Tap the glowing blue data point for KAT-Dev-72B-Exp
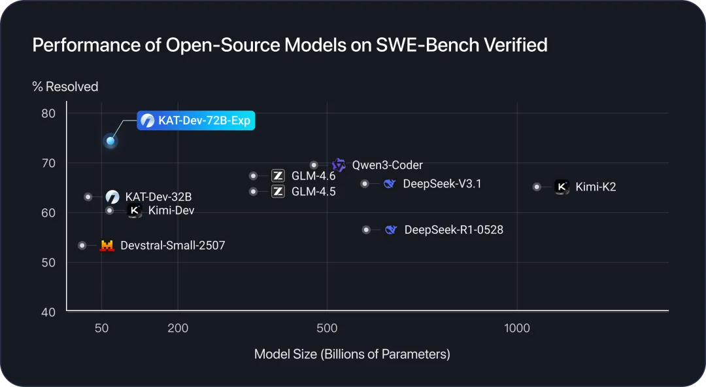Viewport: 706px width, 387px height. coord(110,141)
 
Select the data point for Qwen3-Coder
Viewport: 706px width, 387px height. coord(314,165)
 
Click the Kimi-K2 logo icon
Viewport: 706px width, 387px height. coord(562,187)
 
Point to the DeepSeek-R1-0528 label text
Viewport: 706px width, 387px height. coord(454,230)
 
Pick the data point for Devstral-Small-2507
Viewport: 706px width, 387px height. coord(82,246)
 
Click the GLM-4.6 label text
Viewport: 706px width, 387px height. coord(313,175)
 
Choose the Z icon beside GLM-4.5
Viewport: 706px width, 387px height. coord(278,192)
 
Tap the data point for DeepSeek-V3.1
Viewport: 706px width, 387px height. coord(365,184)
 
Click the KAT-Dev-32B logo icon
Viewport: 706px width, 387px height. coord(112,196)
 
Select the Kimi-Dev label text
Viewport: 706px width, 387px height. coord(171,210)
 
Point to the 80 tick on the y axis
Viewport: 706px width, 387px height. coord(48,113)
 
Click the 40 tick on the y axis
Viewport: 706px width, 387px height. coord(48,311)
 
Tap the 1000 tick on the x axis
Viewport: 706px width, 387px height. coord(517,328)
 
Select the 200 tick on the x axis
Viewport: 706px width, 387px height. coord(178,328)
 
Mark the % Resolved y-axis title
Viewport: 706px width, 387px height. coord(65,86)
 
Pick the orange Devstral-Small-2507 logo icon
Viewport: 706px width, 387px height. coord(107,246)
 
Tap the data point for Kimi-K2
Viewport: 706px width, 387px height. coord(537,187)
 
